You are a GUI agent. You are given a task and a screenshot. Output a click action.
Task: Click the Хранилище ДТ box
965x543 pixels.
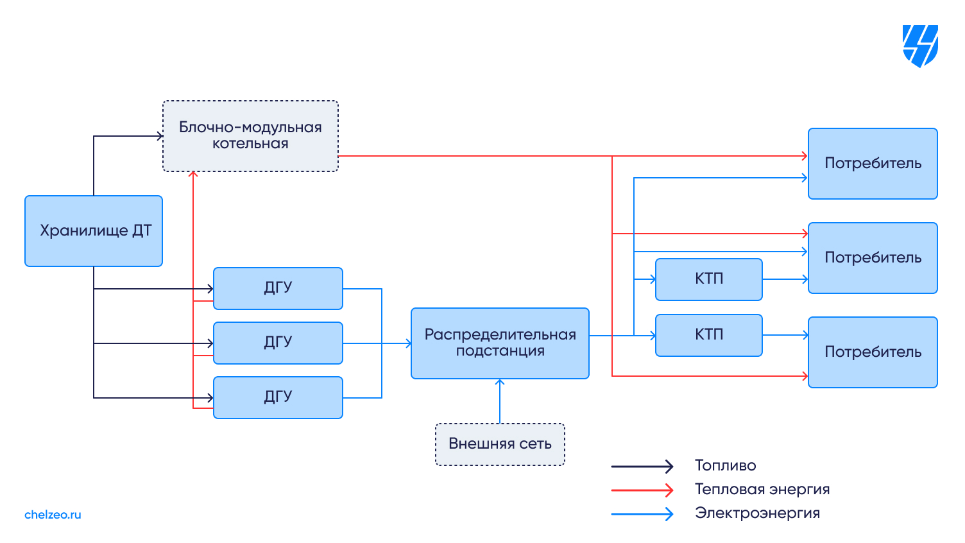94,231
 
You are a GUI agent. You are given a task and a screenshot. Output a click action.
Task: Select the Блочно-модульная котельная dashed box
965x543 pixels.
250,136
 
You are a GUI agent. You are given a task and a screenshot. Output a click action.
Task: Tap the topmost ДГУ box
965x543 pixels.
278,288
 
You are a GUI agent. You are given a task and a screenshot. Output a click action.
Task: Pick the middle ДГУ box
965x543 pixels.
278,343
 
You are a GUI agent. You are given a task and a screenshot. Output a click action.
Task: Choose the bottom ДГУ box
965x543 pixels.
278,397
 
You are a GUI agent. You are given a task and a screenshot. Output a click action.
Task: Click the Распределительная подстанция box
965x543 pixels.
500,343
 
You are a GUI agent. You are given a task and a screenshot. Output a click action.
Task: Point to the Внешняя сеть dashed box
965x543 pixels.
500,444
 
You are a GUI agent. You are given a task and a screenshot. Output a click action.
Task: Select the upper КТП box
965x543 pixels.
708,279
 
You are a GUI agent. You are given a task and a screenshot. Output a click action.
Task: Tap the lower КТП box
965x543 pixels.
708,335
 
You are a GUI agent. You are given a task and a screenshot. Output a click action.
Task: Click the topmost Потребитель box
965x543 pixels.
873,164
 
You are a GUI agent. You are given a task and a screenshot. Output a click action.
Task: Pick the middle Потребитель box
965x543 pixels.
873,258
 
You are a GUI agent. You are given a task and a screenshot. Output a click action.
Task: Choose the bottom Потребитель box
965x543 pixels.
873,352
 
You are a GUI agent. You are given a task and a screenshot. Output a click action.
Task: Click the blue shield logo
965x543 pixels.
920,46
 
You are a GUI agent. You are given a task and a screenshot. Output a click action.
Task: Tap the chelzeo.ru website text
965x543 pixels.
53,515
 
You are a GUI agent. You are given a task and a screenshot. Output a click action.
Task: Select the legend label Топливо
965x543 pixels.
725,466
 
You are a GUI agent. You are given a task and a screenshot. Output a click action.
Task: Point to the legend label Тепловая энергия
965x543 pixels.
762,490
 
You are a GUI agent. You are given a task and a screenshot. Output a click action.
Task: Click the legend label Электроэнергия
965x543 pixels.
757,513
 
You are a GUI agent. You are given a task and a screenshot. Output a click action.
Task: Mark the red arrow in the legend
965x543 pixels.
642,490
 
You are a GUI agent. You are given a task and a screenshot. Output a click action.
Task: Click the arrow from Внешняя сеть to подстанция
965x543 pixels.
500,401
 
